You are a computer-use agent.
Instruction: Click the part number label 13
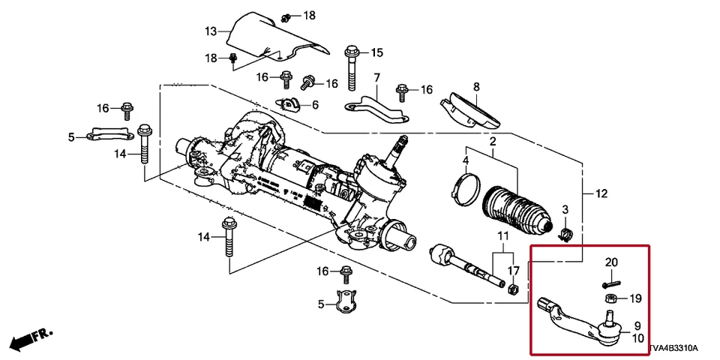pos(211,31)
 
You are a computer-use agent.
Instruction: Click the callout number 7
pos(376,77)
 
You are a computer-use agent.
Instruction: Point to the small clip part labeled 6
pos(289,104)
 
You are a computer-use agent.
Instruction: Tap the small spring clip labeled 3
pos(567,234)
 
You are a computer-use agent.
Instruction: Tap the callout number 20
pos(611,262)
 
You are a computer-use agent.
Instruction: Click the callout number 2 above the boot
pos(493,142)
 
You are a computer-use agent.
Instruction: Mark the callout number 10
pos(637,338)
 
